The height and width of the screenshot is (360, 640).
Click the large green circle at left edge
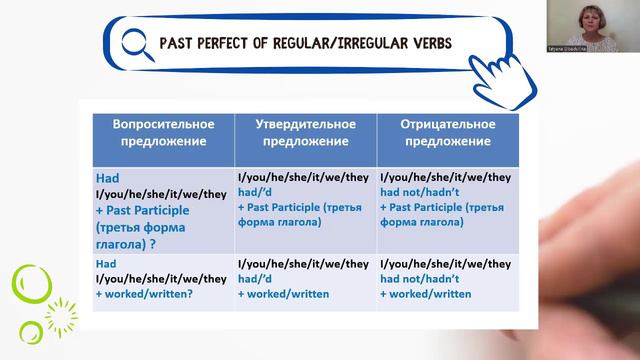[x=31, y=285]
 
